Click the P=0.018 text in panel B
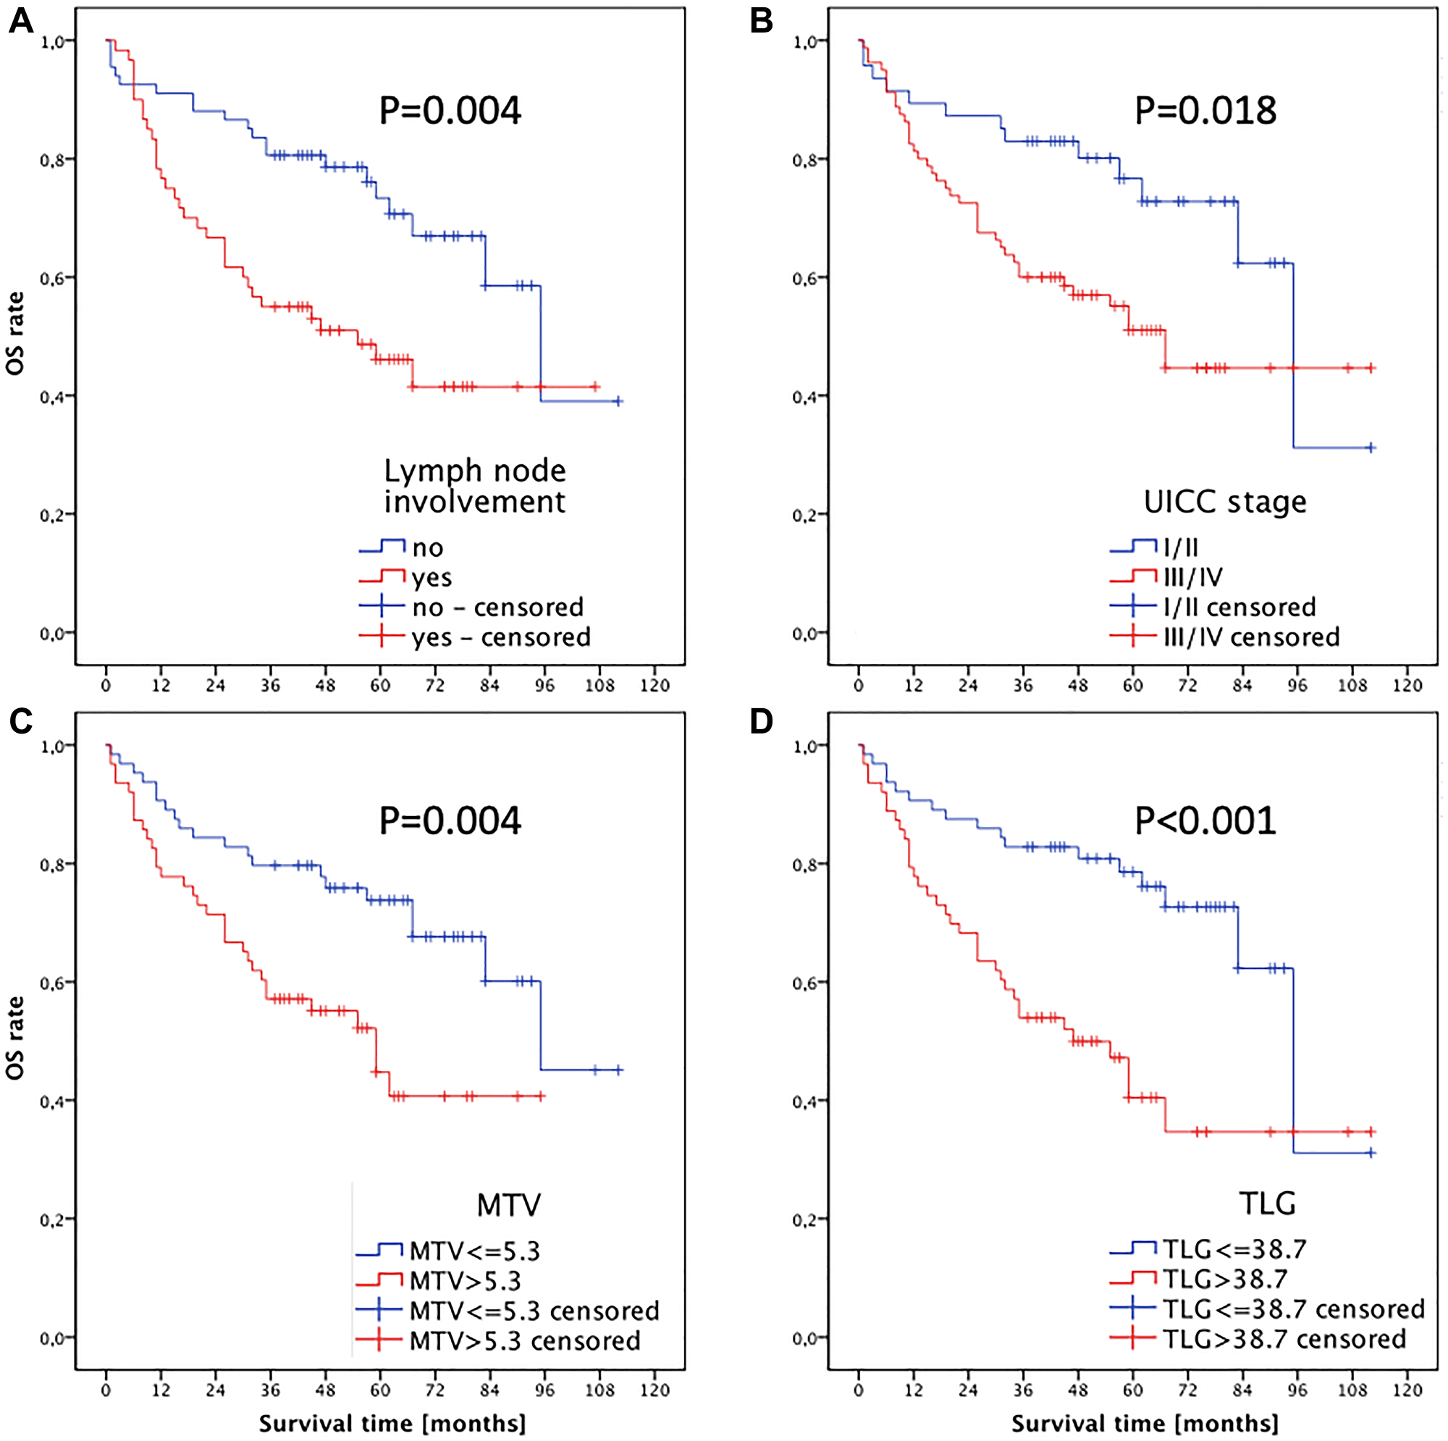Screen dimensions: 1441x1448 coord(1205,111)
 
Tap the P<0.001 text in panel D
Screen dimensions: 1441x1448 coord(1205,821)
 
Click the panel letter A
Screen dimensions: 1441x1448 coord(20,21)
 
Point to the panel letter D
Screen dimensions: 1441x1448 coord(762,721)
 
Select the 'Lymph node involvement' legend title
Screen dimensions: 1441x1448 coord(474,486)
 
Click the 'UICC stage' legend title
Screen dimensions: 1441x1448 coord(1225,502)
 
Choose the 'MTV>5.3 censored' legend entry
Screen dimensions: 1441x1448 coord(525,1340)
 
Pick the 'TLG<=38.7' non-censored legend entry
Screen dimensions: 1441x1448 coord(1234,1249)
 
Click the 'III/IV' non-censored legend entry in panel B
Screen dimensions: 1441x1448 coord(1193,576)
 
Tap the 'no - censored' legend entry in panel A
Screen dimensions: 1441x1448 coord(497,607)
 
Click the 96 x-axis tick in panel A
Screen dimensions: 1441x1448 coord(545,685)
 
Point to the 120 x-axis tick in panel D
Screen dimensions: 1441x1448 coord(1407,1390)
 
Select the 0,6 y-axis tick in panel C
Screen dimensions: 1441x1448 coord(51,983)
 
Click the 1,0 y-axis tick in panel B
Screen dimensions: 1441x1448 coord(804,42)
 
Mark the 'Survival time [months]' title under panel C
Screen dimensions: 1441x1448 coord(392,1423)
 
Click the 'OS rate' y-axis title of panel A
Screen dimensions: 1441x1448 coord(16,333)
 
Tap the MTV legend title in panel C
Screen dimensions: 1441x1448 coord(508,1205)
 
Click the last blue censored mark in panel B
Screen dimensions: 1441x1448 coord(1371,448)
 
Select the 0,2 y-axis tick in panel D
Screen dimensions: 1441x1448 coord(804,1220)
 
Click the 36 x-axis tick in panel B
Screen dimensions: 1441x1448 coord(1023,685)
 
